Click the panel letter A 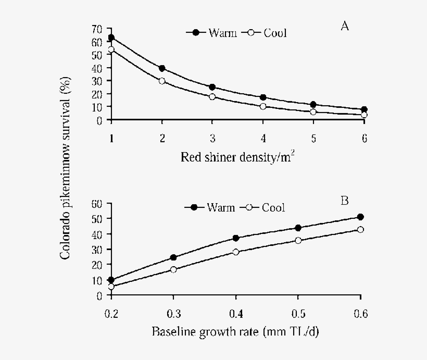(344, 26)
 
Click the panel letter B (344, 200)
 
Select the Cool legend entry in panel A (267, 33)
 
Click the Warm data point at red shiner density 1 (111, 38)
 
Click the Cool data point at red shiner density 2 (162, 81)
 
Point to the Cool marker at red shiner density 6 (364, 115)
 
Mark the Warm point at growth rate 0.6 (360, 217)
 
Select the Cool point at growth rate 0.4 (236, 252)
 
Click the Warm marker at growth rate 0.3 (173, 257)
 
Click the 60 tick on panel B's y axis (97, 204)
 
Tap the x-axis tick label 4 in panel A (263, 138)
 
